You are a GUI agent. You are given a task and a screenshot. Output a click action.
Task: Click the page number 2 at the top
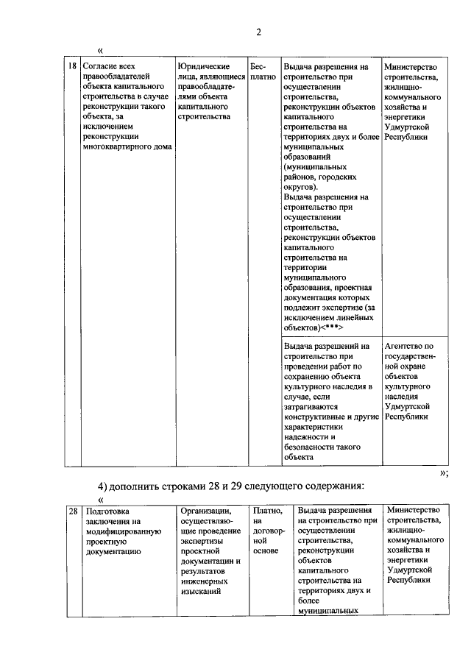click(258, 32)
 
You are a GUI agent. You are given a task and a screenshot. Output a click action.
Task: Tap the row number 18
click(72, 65)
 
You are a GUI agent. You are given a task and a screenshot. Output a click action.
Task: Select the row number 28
click(72, 510)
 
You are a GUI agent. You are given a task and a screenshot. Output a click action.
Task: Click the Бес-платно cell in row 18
click(262, 71)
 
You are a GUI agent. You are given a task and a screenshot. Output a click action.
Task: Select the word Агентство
click(405, 345)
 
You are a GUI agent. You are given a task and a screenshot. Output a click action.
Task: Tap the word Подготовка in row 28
click(107, 510)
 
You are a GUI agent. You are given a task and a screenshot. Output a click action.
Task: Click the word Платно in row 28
click(266, 510)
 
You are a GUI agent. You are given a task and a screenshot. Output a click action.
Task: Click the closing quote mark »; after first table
click(444, 472)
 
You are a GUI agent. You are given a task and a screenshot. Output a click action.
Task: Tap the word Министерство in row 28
click(416, 510)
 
